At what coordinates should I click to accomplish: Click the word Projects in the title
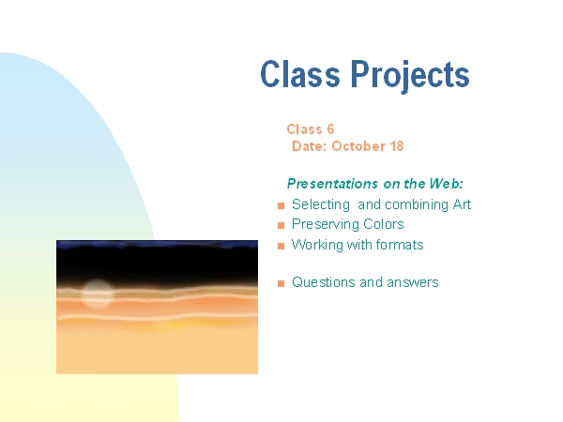click(410, 76)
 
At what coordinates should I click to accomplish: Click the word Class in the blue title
click(300, 73)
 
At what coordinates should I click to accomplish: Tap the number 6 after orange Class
click(330, 128)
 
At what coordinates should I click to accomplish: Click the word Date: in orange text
click(309, 146)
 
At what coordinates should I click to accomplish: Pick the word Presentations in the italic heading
click(332, 184)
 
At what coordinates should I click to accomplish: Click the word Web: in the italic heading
click(447, 184)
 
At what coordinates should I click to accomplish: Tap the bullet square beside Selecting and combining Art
click(281, 205)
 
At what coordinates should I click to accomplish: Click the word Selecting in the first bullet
click(321, 204)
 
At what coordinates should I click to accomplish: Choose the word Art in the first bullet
click(462, 204)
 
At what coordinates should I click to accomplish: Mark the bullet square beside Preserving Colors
click(281, 225)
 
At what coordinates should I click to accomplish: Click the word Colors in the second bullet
click(384, 224)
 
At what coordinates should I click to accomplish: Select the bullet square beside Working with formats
click(281, 246)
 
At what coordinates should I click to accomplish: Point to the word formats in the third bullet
click(400, 245)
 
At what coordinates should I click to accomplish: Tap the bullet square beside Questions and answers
click(281, 283)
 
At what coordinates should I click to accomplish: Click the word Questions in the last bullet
click(324, 282)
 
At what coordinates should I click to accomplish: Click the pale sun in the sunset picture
click(97, 294)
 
